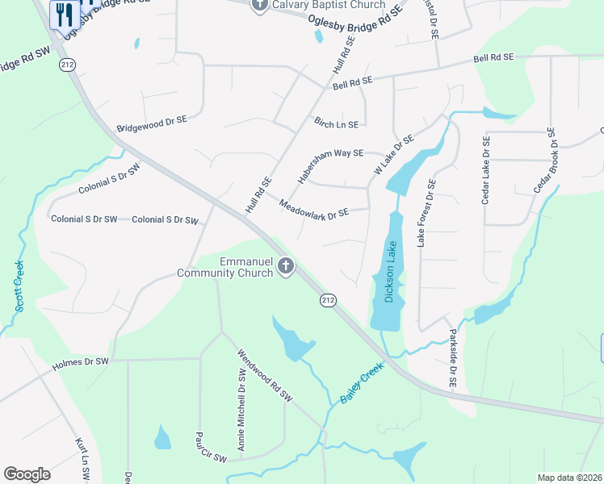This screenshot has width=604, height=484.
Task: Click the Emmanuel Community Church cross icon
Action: click(x=285, y=266)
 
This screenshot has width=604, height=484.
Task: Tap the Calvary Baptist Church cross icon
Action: click(x=259, y=6)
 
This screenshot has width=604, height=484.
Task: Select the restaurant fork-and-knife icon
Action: click(x=64, y=14)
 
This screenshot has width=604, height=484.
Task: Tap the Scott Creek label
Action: click(x=19, y=286)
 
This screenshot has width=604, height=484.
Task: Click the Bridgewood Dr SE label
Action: click(x=152, y=123)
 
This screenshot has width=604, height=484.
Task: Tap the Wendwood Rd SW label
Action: click(x=264, y=375)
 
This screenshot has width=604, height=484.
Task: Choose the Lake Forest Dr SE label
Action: click(x=426, y=212)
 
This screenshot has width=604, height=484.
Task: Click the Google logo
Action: click(x=27, y=474)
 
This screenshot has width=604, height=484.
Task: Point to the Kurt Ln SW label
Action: click(x=81, y=456)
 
